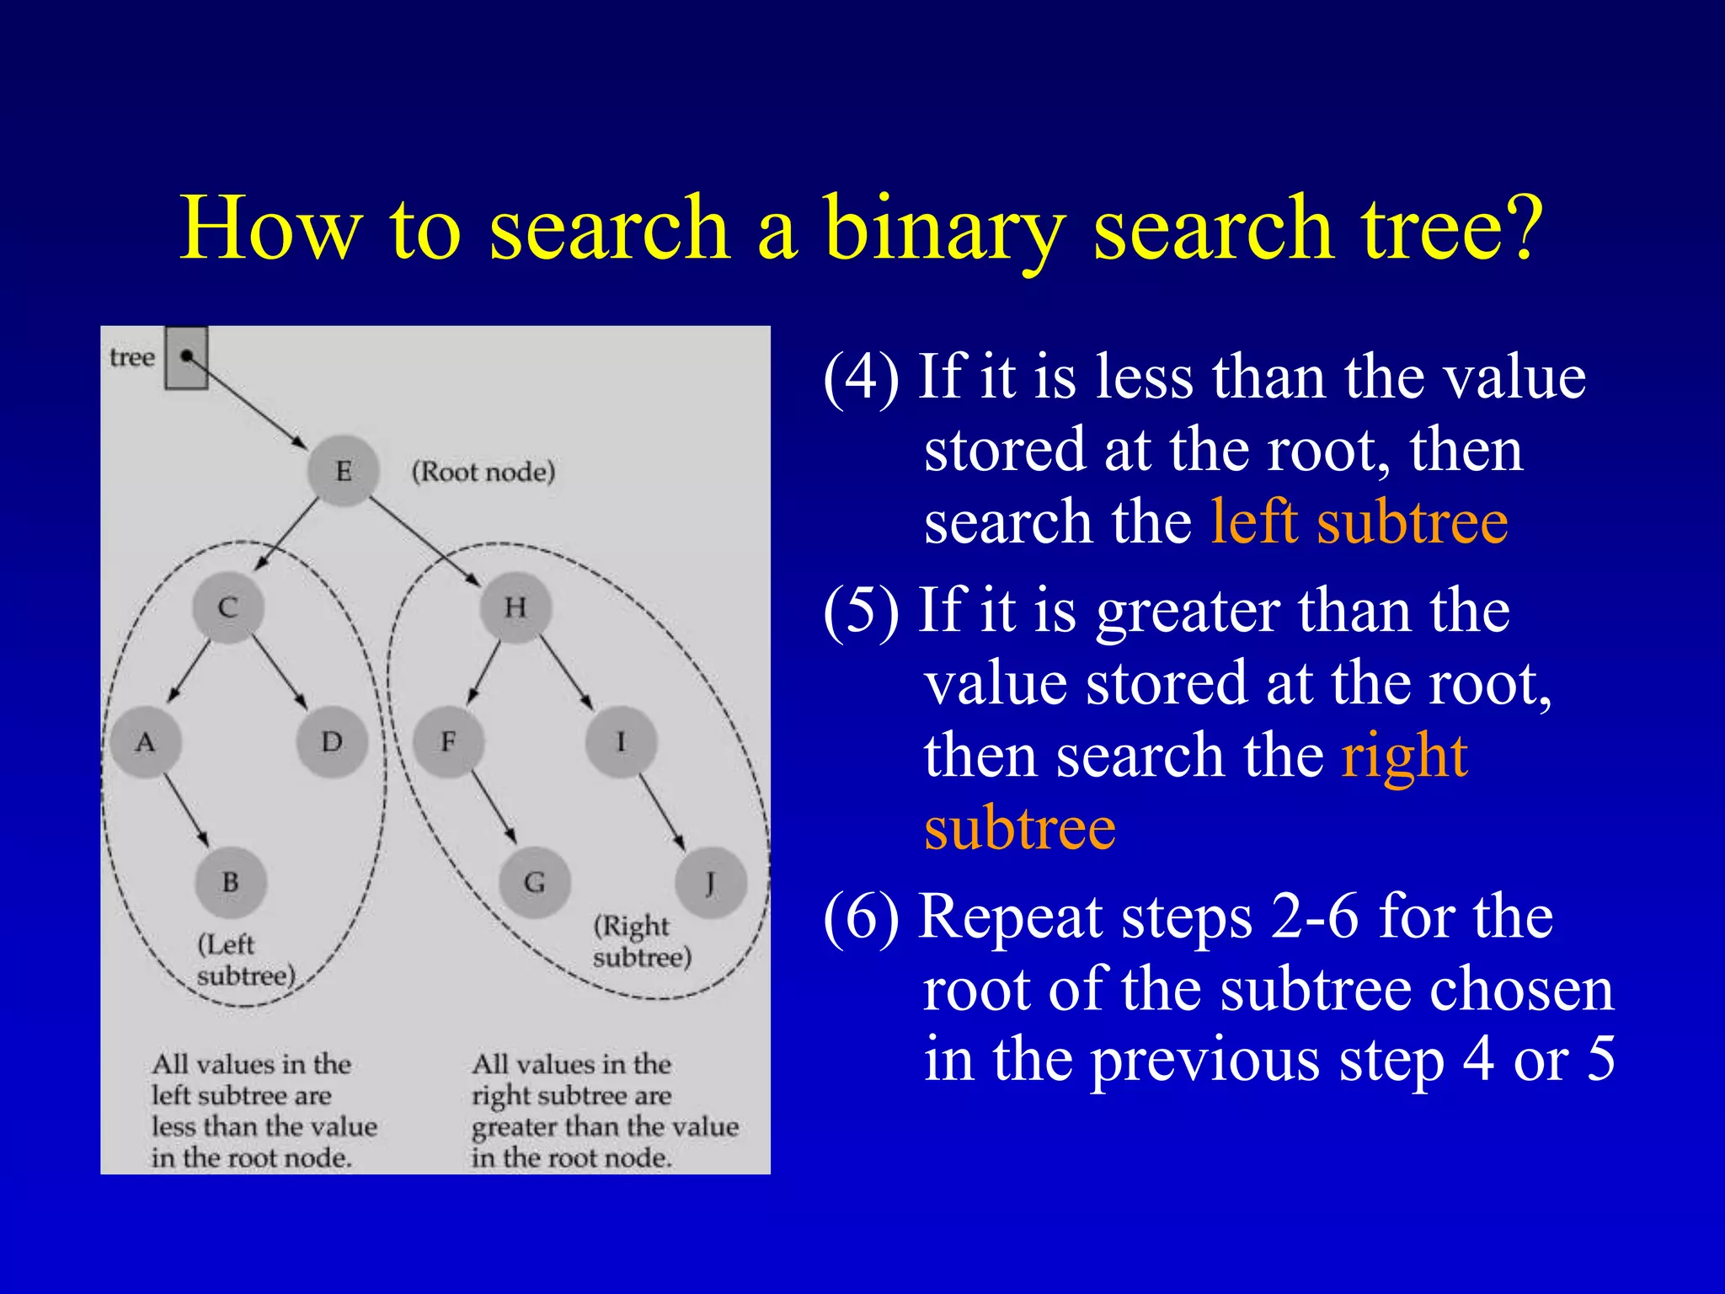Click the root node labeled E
(x=343, y=471)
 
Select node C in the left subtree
(x=227, y=607)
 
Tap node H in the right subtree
(x=515, y=607)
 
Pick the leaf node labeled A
(x=146, y=742)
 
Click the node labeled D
(x=332, y=742)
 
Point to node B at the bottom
(x=230, y=882)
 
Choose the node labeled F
(x=449, y=742)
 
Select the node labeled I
(x=622, y=742)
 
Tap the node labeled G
(x=535, y=882)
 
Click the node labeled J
(x=711, y=882)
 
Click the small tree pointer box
(x=186, y=358)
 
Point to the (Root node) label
(x=483, y=472)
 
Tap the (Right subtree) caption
(x=642, y=942)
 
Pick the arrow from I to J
(x=662, y=811)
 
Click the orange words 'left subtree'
(x=1359, y=522)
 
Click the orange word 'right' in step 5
(x=1405, y=756)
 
